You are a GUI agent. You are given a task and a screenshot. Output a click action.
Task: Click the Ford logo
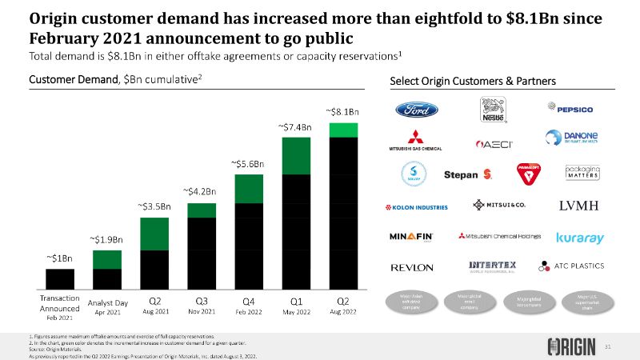[x=415, y=110]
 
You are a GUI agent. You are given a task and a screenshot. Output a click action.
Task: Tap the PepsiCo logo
[x=568, y=107]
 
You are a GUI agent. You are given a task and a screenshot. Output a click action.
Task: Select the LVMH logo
[x=578, y=206]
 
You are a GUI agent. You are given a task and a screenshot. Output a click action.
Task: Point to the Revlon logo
[x=412, y=266]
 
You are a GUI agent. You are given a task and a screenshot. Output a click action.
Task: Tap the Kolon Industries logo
[x=418, y=206]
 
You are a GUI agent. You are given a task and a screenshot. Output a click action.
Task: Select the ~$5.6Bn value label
[x=247, y=163]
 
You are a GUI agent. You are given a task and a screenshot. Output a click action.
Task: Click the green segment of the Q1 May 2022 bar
[x=295, y=155]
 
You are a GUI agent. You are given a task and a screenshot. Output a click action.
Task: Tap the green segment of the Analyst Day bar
[x=106, y=259]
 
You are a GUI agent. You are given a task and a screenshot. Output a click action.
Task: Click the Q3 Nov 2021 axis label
[x=202, y=306]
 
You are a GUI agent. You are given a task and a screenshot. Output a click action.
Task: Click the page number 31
[x=607, y=346]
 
